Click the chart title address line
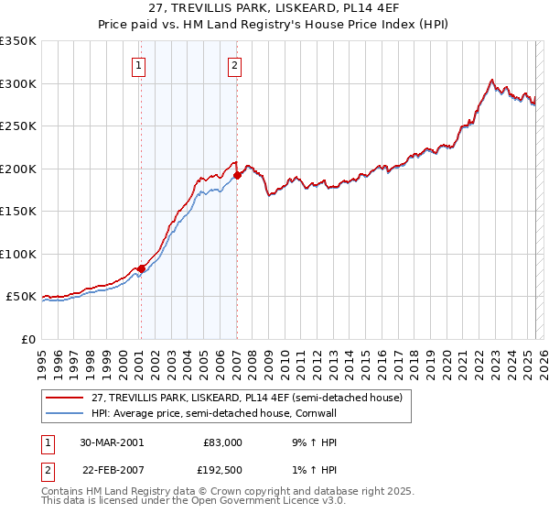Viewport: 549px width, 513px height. click(274, 8)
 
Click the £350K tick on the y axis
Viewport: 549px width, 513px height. click(19, 41)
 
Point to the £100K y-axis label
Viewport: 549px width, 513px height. click(19, 254)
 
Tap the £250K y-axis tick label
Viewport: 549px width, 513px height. click(19, 126)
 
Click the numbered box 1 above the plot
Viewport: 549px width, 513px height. click(138, 65)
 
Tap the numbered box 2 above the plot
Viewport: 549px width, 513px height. click(235, 65)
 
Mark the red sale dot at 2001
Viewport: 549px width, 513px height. click(142, 268)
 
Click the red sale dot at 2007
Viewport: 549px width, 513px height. click(237, 175)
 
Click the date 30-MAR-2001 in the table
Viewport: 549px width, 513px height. click(112, 442)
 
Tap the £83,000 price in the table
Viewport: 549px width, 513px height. click(222, 442)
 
